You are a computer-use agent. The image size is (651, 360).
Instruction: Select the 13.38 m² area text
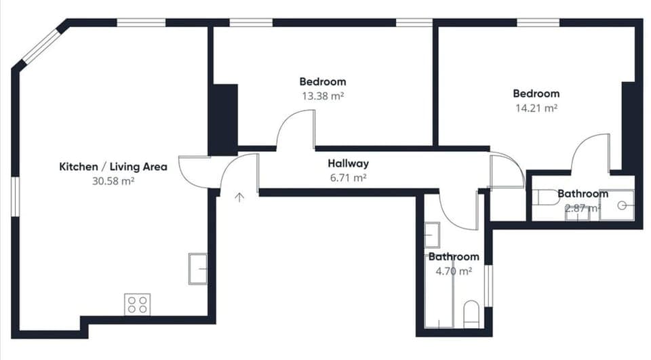click(x=323, y=96)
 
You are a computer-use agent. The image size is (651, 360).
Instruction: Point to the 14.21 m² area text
click(x=536, y=107)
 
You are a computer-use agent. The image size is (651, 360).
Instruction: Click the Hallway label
click(x=348, y=163)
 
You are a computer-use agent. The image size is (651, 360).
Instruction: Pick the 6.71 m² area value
click(x=348, y=178)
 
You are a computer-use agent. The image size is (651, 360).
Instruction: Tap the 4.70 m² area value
click(x=454, y=271)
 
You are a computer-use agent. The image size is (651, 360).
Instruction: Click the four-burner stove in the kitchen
click(x=136, y=304)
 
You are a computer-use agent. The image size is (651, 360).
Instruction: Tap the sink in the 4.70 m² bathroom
click(x=432, y=235)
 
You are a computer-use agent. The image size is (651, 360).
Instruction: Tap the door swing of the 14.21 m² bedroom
click(x=589, y=152)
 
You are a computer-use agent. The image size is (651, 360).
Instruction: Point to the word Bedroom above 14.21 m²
click(x=536, y=94)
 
